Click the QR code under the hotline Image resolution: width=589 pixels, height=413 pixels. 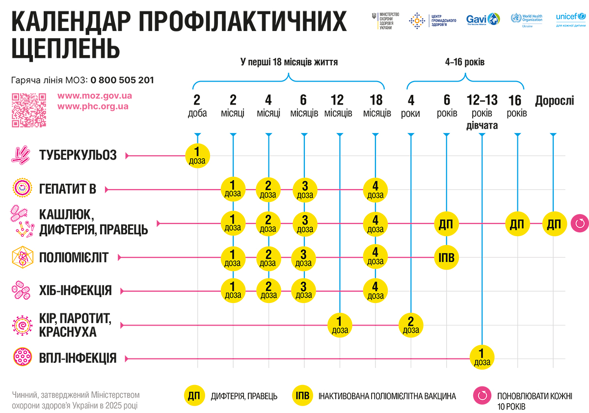(x=29, y=110)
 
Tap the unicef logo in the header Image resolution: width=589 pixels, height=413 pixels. (x=571, y=20)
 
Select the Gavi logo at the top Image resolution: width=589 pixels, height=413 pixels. (x=483, y=20)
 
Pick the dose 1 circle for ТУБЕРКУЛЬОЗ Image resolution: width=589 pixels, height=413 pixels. (x=197, y=156)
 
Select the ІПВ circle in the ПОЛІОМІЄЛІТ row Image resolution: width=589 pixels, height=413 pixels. (x=447, y=257)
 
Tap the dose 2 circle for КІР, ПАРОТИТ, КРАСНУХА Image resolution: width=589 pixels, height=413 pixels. (x=411, y=325)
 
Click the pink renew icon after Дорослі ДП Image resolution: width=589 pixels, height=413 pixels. (x=580, y=224)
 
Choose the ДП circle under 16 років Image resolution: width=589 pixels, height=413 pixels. (x=517, y=224)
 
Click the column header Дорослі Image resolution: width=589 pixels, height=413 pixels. (x=554, y=101)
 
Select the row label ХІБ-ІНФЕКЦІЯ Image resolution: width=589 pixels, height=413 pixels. (x=76, y=291)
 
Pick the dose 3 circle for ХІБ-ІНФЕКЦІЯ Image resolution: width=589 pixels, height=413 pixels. (x=305, y=290)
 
